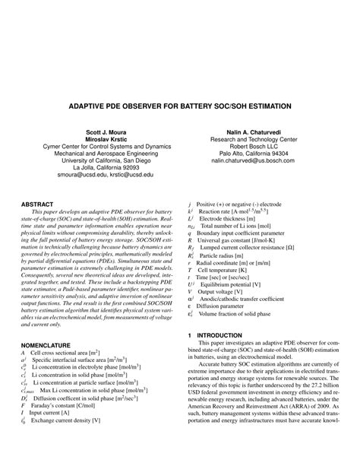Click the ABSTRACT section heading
(x=37, y=205)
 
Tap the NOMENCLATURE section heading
(x=50, y=324)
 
